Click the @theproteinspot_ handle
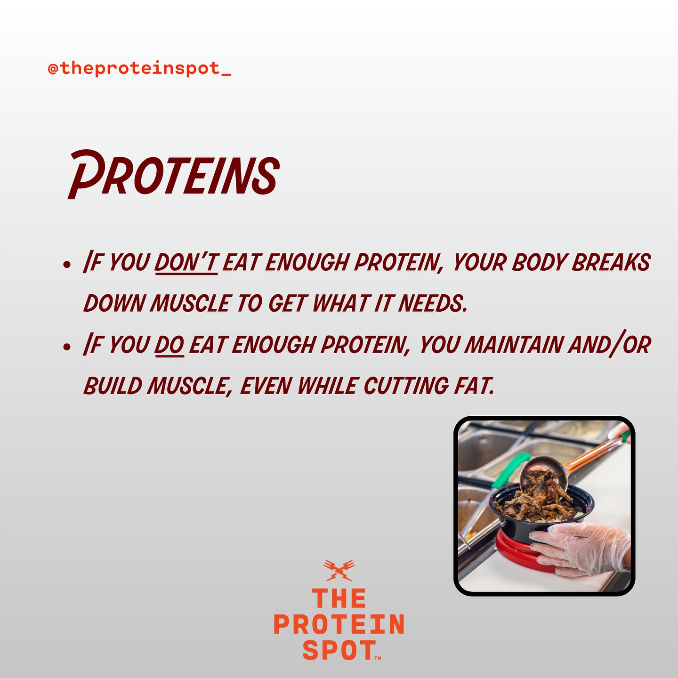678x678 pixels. pos(139,68)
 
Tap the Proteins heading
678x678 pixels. pos(174,174)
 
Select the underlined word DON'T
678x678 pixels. pos(186,262)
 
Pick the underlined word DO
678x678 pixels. pos(169,345)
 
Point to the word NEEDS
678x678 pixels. pos(433,303)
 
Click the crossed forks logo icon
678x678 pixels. pos(339,570)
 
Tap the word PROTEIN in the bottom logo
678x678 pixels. pos(339,624)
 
